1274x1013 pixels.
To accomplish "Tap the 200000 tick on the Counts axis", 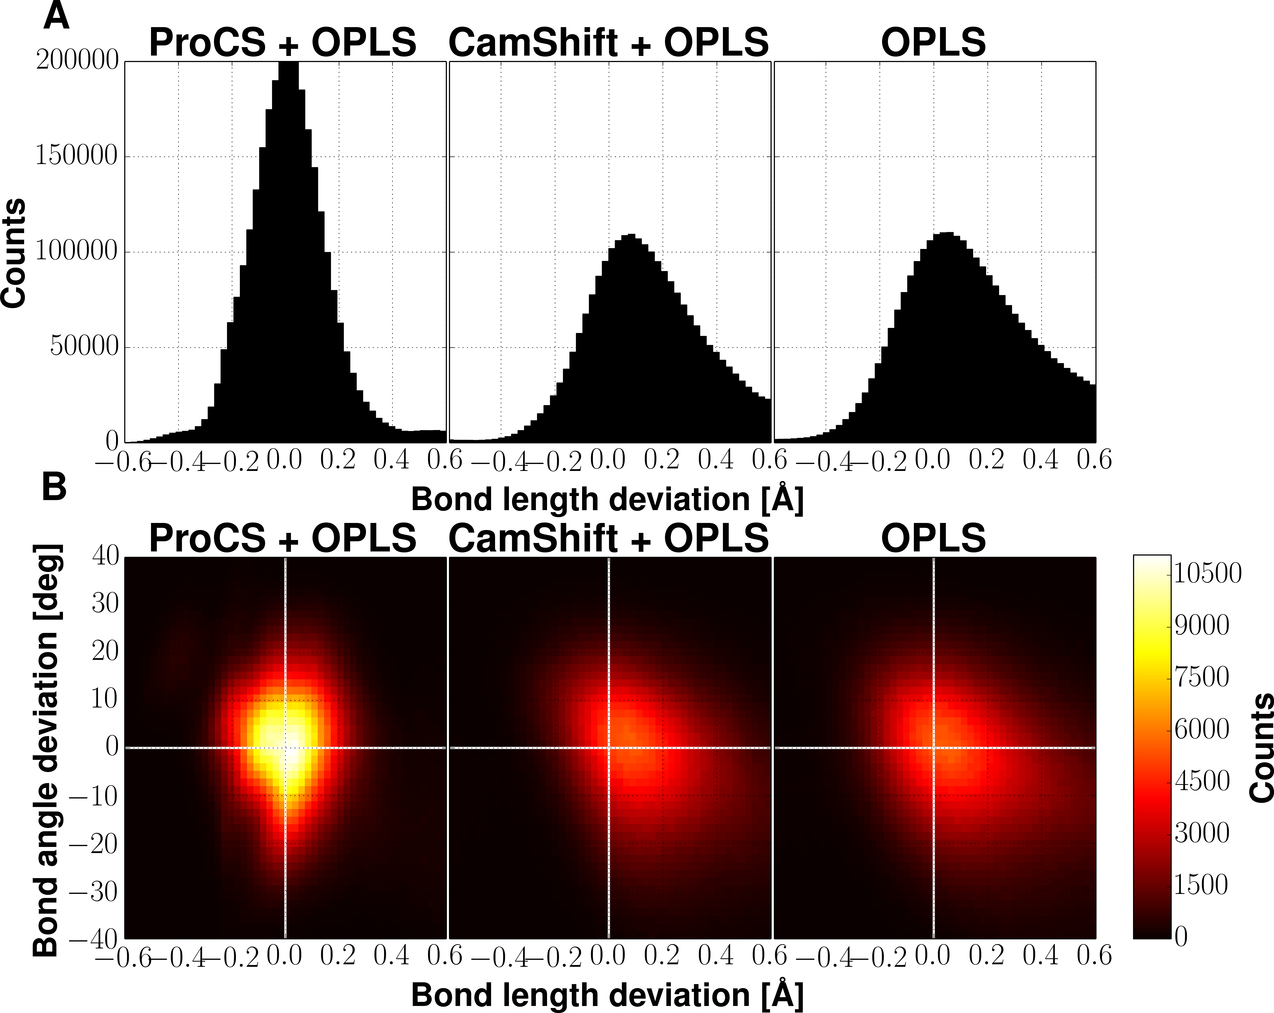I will coord(77,60).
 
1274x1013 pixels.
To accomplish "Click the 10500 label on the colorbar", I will coord(1207,573).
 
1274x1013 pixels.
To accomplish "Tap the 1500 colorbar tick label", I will coord(1201,885).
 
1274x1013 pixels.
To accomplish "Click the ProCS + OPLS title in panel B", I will coord(282,538).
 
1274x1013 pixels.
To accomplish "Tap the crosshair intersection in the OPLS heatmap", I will coord(934,748).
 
